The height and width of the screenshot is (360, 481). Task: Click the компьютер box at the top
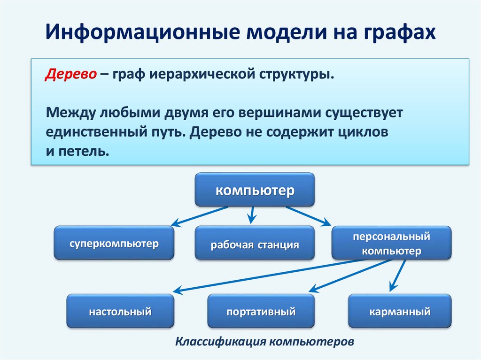click(255, 190)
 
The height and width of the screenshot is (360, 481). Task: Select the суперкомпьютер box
click(114, 243)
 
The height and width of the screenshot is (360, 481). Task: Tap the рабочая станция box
click(255, 244)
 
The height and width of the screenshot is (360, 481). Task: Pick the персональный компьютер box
click(391, 243)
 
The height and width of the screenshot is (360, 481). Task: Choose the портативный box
click(261, 311)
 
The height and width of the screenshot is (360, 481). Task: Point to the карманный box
click(400, 311)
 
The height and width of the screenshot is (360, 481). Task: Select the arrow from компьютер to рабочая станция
click(252, 214)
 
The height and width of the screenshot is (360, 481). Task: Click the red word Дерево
click(71, 74)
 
